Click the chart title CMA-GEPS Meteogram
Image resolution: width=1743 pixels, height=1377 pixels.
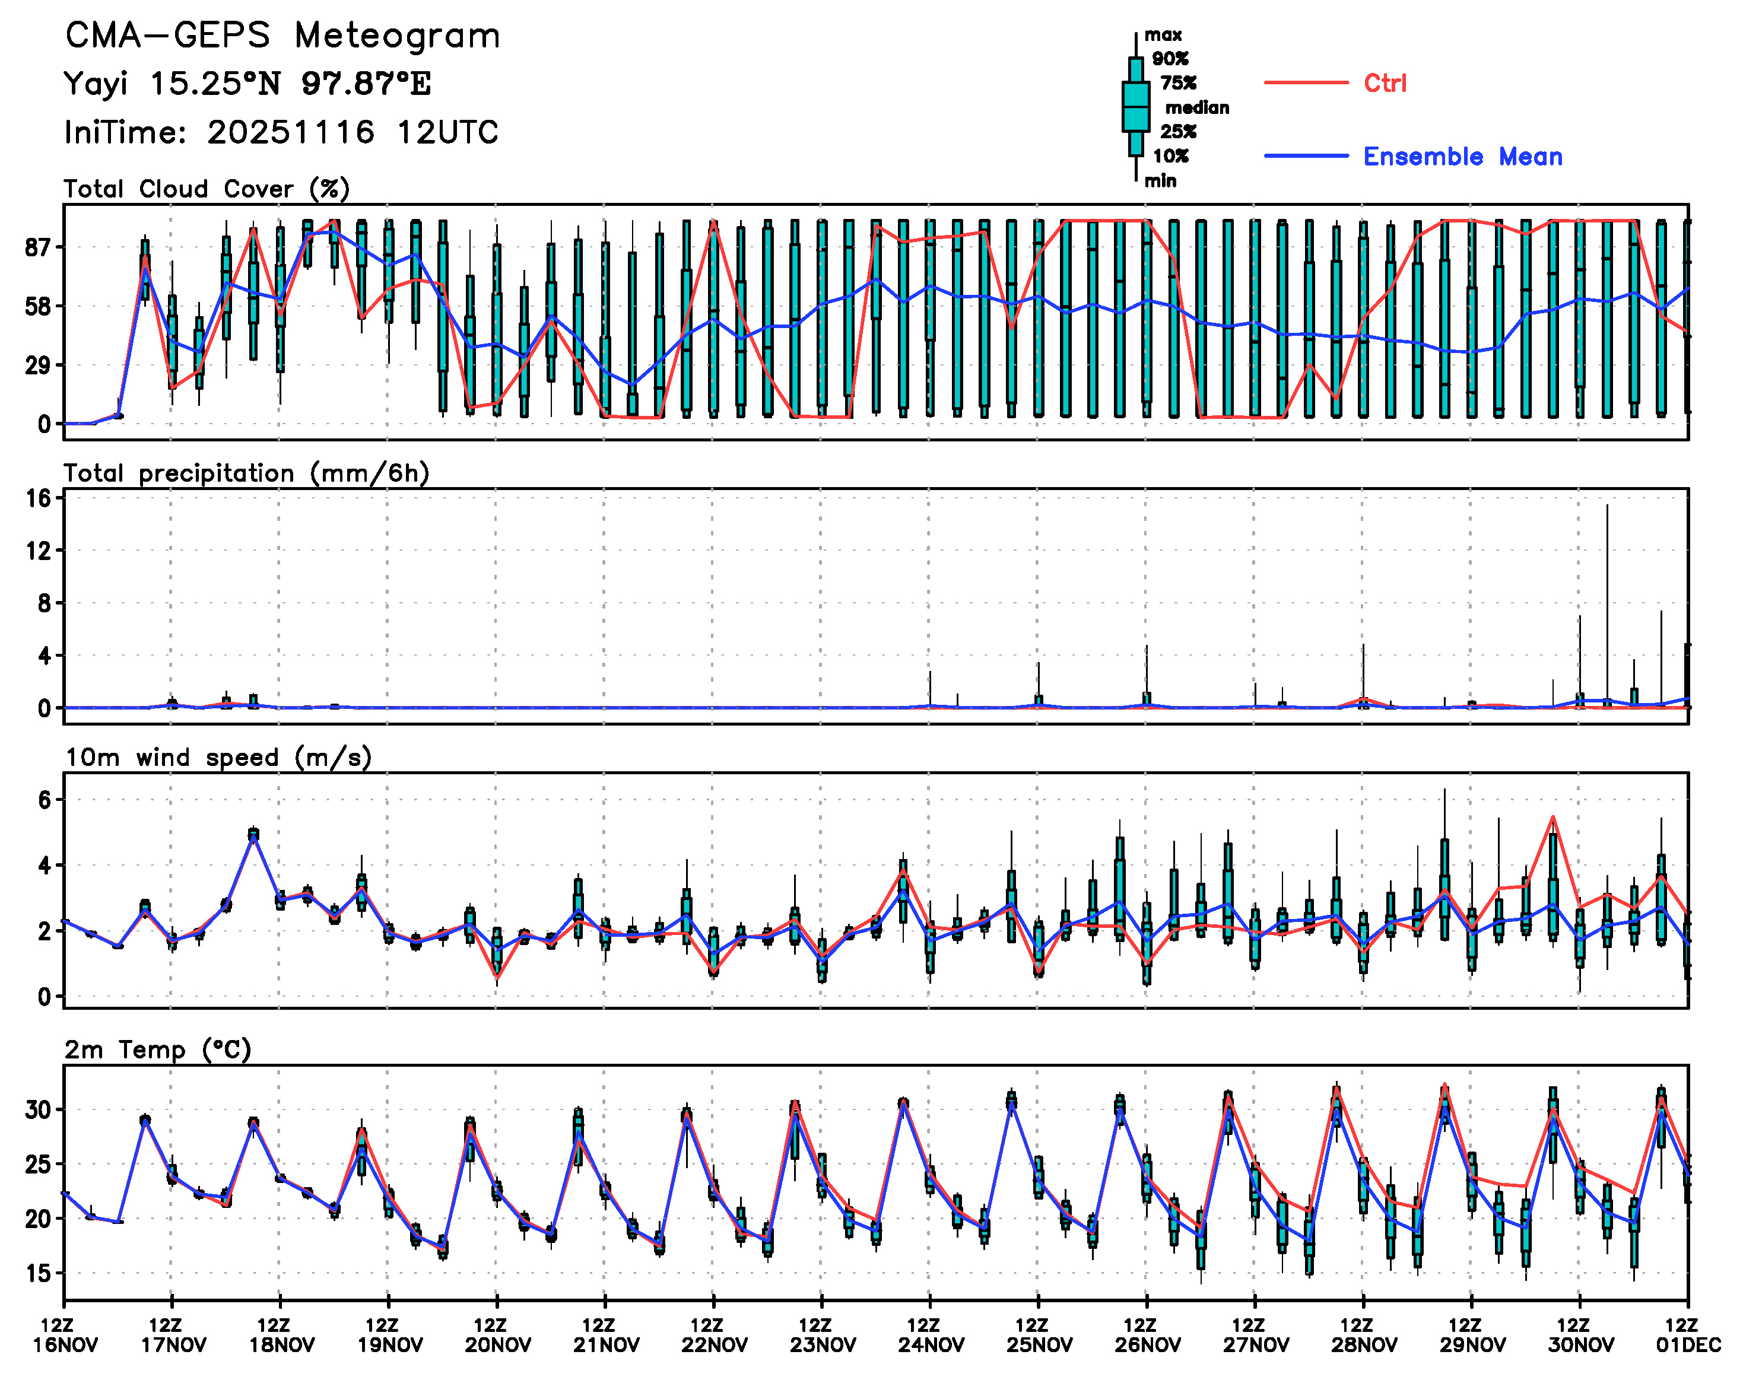(282, 36)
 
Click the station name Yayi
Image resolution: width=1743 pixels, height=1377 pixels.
(95, 84)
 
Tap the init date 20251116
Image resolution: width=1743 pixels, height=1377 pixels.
(290, 132)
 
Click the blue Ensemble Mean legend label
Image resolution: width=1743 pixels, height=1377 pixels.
(1462, 157)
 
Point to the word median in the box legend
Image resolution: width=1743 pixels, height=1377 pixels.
(1197, 108)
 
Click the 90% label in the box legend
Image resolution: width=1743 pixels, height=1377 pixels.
(1170, 59)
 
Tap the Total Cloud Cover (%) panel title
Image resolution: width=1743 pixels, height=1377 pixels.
(207, 189)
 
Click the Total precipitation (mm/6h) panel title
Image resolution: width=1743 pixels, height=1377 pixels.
(246, 473)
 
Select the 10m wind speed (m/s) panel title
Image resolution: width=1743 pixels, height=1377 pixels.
(218, 758)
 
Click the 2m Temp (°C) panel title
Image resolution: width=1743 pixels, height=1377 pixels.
(157, 1050)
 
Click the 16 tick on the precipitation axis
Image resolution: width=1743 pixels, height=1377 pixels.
(39, 498)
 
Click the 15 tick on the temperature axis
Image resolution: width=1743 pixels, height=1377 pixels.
(38, 1274)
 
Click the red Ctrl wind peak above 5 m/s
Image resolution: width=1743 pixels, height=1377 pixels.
(1552, 818)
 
